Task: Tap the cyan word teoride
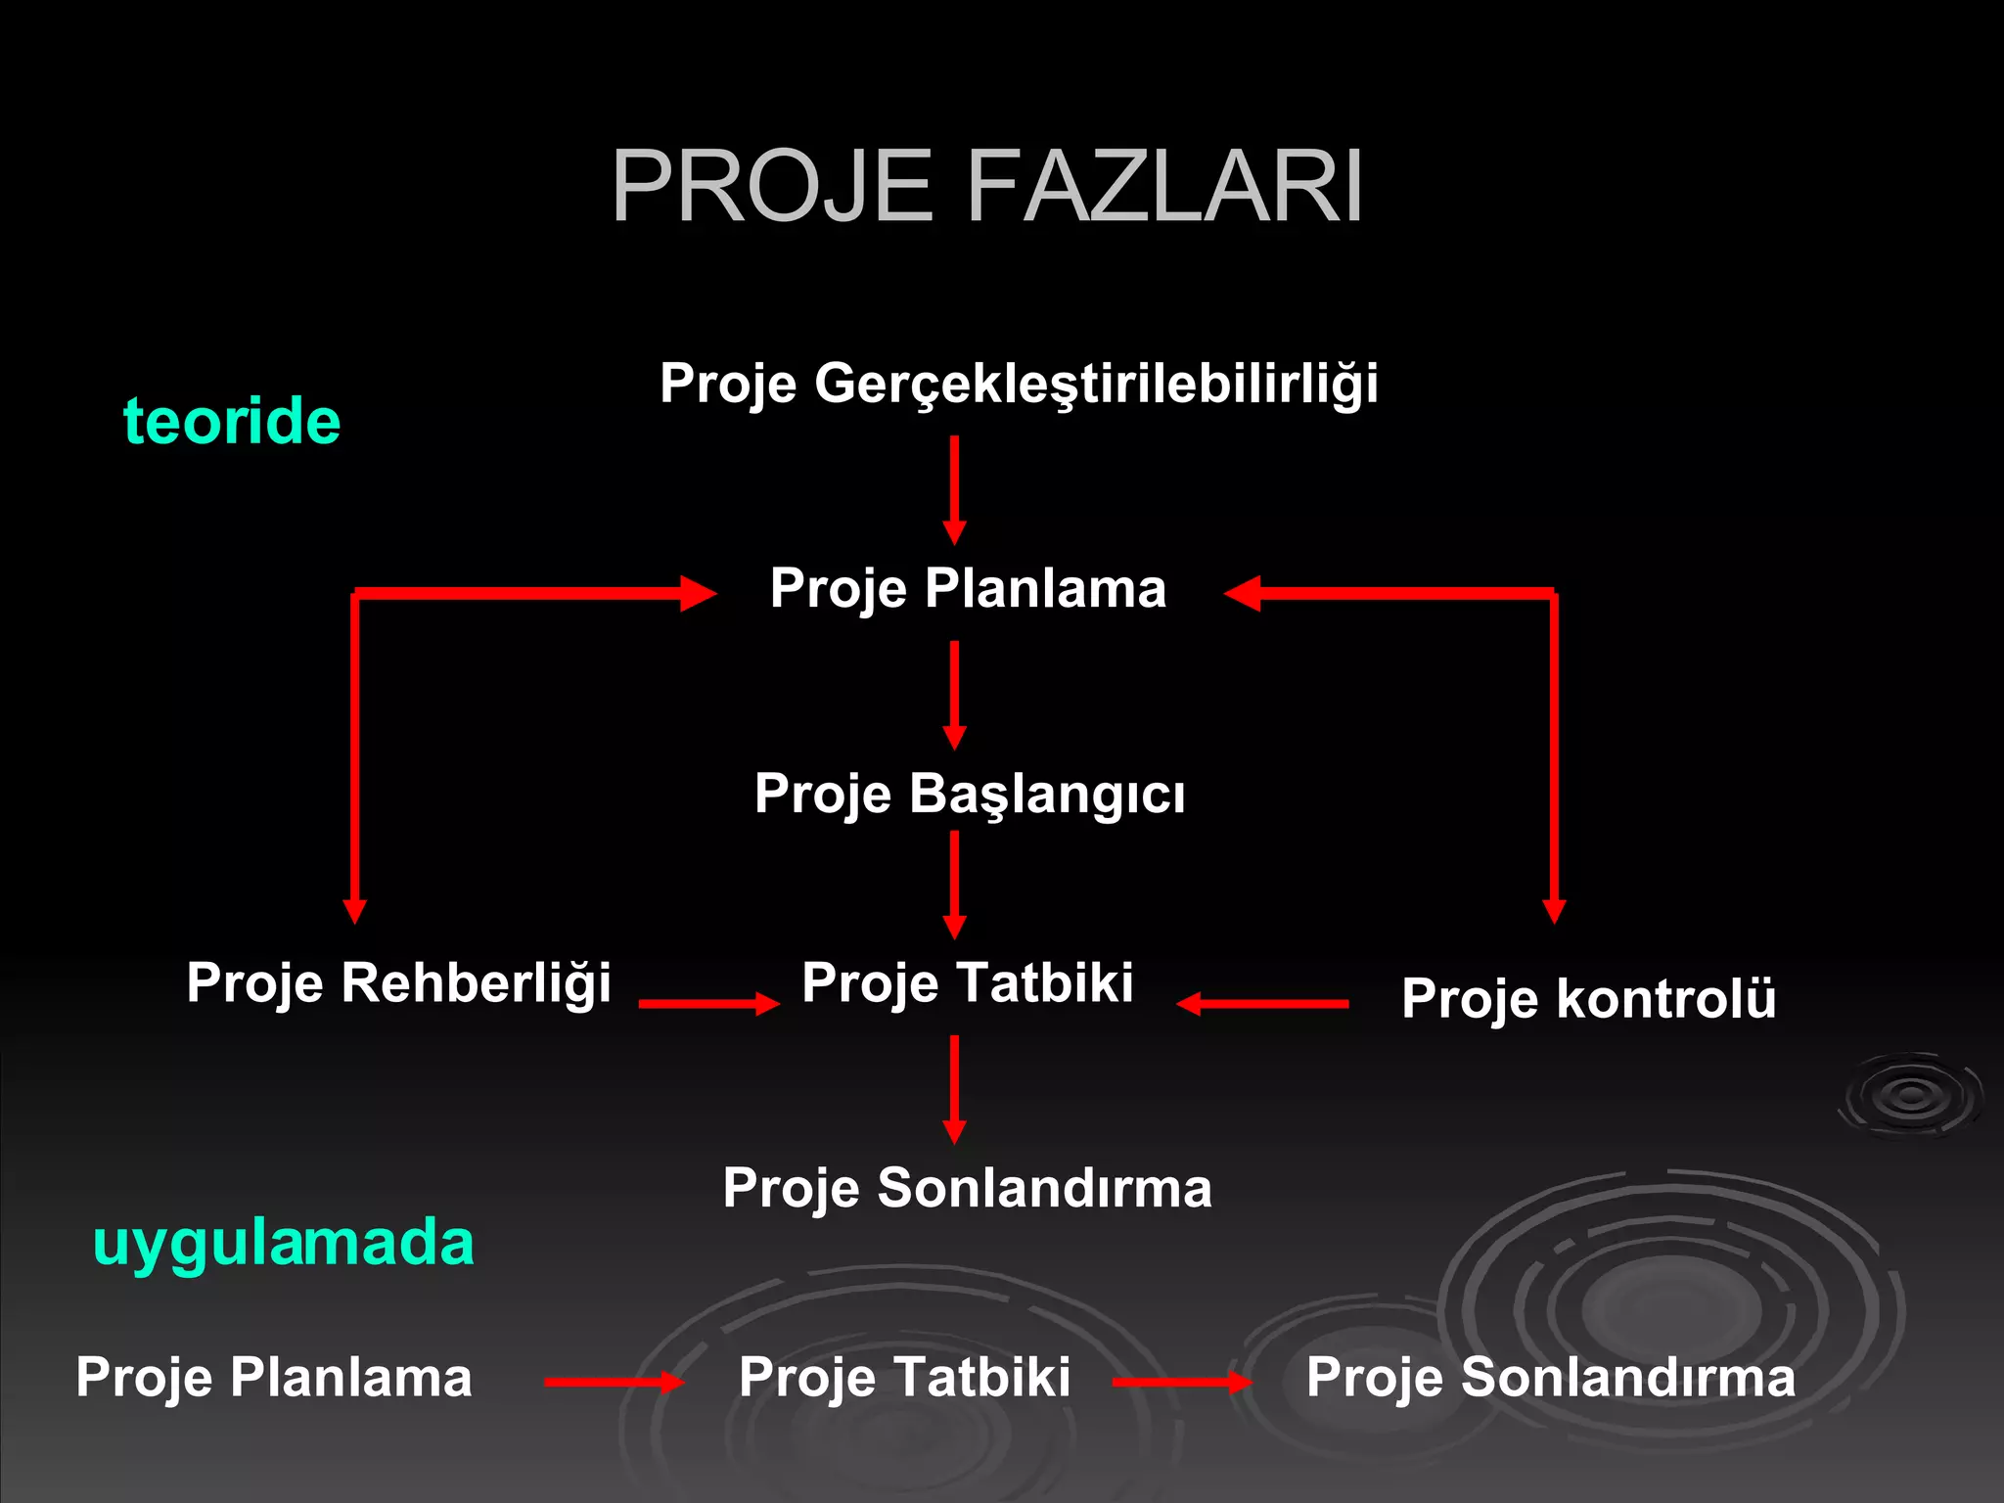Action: pyautogui.click(x=232, y=422)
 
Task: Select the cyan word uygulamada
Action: pyautogui.click(x=284, y=1243)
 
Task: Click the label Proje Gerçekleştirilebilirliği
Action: pyautogui.click(x=1019, y=383)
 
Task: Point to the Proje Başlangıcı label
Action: pyautogui.click(x=969, y=793)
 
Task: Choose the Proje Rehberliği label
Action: pyautogui.click(x=398, y=982)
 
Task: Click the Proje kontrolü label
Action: pyautogui.click(x=1588, y=998)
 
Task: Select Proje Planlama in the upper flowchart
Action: pyautogui.click(x=968, y=588)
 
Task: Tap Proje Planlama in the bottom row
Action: pyautogui.click(x=274, y=1377)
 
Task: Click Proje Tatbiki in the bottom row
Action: pyautogui.click(x=904, y=1377)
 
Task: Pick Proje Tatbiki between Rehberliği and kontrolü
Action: pyautogui.click(x=967, y=982)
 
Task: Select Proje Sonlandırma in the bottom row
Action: pyautogui.click(x=1551, y=1377)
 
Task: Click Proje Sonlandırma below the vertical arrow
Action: pyautogui.click(x=967, y=1188)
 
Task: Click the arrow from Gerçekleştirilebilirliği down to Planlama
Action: pyautogui.click(x=954, y=489)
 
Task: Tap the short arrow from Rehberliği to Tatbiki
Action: pyautogui.click(x=708, y=1003)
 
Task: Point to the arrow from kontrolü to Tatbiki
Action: pyautogui.click(x=1262, y=1003)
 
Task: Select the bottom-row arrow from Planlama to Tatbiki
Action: pyautogui.click(x=614, y=1382)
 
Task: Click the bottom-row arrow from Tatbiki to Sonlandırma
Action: pyautogui.click(x=1181, y=1382)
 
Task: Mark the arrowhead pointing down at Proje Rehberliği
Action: pyautogui.click(x=355, y=910)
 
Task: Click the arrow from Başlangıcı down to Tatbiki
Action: pyautogui.click(x=954, y=884)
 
